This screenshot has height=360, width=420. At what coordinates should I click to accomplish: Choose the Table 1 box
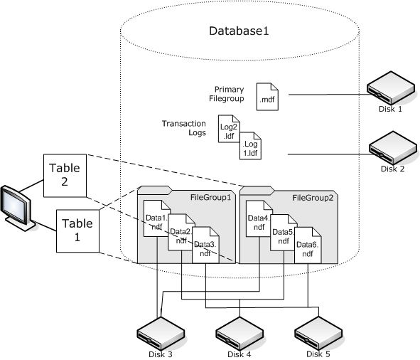pos(77,228)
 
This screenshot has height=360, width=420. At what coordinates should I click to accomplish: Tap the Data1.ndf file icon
pos(156,218)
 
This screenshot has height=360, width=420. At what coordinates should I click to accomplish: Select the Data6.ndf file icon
pos(306,244)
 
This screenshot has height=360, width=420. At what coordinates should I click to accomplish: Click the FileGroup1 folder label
pos(211,197)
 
